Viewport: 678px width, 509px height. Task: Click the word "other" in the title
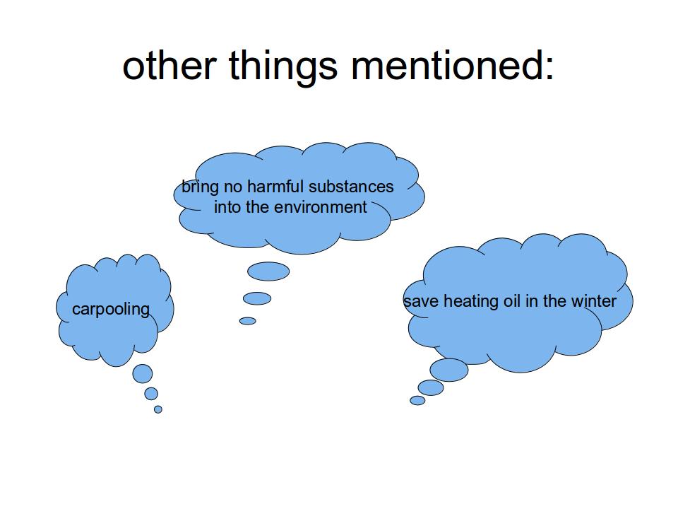169,65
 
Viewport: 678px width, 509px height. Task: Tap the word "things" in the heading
282,68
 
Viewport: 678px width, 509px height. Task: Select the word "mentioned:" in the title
452,65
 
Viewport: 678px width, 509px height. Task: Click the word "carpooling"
111,310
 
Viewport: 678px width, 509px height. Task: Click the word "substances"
351,187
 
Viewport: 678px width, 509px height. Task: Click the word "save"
422,302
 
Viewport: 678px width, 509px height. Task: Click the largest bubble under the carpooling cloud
142,373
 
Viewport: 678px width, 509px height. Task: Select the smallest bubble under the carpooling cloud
157,409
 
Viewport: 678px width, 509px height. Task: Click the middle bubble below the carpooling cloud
151,394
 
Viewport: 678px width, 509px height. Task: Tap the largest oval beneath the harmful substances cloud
268,271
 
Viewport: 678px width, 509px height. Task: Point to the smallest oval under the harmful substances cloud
248,321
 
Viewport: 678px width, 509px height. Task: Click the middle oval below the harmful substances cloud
257,298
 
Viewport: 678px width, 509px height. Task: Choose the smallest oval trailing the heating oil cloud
417,400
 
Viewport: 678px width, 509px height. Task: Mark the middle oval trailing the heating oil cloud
431,387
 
